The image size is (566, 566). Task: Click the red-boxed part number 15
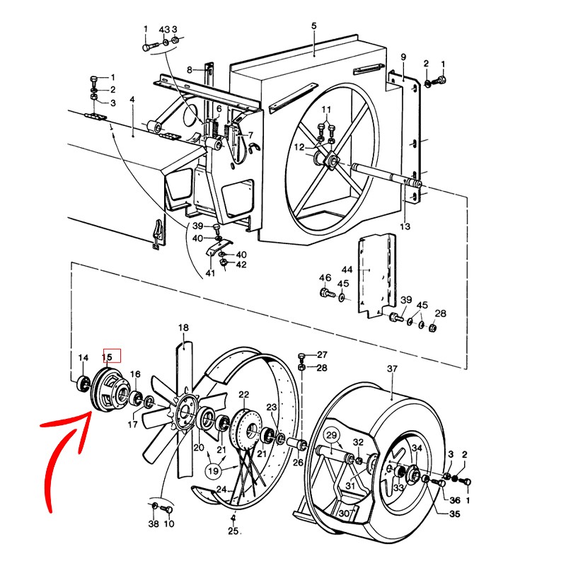click(x=108, y=357)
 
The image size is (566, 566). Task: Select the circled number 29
click(x=331, y=435)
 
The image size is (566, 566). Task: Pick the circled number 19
click(x=214, y=470)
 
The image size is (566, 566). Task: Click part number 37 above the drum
click(x=392, y=369)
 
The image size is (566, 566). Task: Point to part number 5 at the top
click(x=313, y=25)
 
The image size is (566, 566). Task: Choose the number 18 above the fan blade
click(x=183, y=328)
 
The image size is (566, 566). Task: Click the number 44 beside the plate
click(x=347, y=270)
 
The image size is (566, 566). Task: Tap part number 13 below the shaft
click(x=405, y=226)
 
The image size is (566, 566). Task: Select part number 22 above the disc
click(x=243, y=395)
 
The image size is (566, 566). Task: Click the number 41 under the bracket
click(x=210, y=273)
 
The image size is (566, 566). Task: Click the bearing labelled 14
click(x=83, y=383)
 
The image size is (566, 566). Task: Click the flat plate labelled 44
click(x=376, y=276)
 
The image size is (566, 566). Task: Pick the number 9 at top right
click(x=403, y=57)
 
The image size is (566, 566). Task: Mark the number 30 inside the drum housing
click(x=345, y=513)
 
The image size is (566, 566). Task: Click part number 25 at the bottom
click(x=233, y=531)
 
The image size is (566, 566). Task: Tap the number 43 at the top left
click(x=164, y=29)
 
